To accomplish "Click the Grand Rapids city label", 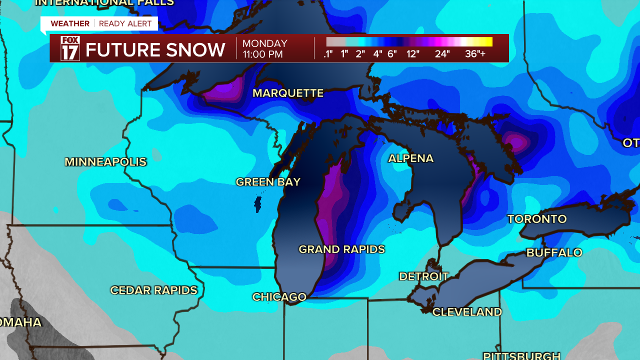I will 341,249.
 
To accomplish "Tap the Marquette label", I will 288,93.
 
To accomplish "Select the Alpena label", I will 410,158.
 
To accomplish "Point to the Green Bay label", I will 268,182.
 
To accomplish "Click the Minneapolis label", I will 105,162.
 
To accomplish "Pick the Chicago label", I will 279,297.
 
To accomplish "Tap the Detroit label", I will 423,276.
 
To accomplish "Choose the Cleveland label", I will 467,312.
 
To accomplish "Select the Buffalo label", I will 554,252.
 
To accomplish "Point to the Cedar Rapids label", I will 153,290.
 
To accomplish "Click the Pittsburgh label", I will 521,355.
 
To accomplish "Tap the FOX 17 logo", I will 70,48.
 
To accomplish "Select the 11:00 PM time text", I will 262,54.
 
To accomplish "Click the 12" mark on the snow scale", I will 412,54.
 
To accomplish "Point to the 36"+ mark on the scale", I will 475,54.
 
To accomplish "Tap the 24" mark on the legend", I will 442,54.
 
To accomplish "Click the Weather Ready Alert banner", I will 99,23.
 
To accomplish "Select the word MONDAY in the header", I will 265,43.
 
